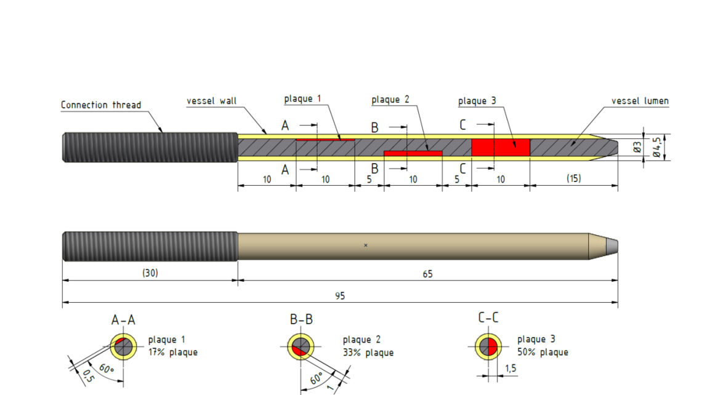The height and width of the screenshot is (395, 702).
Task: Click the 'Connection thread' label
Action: pos(101,105)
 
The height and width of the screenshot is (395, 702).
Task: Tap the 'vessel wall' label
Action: pos(212,101)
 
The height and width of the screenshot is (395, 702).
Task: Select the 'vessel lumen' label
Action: pos(640,101)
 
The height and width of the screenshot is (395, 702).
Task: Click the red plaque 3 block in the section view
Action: pos(501,148)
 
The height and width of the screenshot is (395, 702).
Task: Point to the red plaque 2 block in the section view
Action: pos(413,153)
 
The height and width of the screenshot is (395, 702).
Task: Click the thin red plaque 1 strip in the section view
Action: pos(325,140)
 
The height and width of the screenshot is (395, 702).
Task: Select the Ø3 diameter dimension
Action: pos(637,148)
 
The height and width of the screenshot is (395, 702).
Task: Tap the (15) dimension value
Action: pos(574,179)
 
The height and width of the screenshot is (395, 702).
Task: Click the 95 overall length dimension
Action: pos(340,296)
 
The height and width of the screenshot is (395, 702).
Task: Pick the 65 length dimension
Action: pos(427,274)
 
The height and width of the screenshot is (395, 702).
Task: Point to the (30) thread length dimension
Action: pos(150,273)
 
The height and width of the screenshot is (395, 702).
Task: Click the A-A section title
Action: pos(123,321)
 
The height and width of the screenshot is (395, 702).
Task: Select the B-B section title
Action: pos(301,321)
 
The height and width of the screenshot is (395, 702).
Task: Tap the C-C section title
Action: pos(488,318)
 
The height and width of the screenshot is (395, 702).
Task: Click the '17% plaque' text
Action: pos(172,353)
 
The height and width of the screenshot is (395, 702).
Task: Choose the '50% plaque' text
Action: pos(543,353)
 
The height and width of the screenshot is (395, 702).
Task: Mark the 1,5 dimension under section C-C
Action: pos(510,368)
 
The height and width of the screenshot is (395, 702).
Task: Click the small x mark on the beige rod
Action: pos(366,245)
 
